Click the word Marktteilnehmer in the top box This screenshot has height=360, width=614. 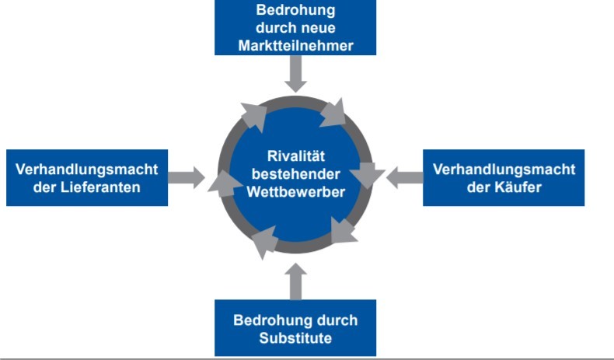click(295, 45)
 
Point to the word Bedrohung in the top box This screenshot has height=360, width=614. click(295, 12)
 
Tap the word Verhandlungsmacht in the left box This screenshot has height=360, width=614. click(87, 170)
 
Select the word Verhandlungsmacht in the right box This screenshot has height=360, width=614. click(504, 170)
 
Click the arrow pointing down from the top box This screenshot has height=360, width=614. click(295, 74)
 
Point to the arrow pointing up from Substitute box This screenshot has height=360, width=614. click(295, 281)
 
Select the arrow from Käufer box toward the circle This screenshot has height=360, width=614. click(404, 177)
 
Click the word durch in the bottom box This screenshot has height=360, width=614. click(338, 320)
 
